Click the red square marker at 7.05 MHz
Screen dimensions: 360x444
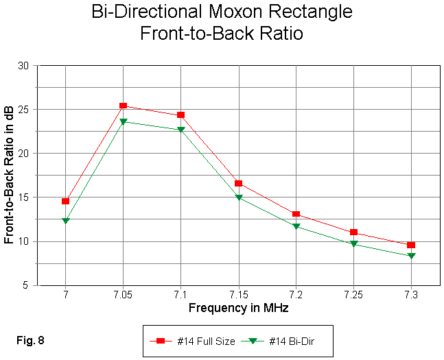123,106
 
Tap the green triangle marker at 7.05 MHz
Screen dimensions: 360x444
123,121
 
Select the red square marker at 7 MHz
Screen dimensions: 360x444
65,201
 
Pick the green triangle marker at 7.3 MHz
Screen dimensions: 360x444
411,256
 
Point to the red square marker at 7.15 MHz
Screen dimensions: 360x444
238,183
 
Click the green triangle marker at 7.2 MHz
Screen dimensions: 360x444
296,226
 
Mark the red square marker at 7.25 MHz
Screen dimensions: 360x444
353,232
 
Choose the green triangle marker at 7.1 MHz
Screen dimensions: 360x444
180,130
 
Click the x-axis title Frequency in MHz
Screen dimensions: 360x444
238,309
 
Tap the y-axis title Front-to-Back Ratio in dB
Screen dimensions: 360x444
10,176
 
